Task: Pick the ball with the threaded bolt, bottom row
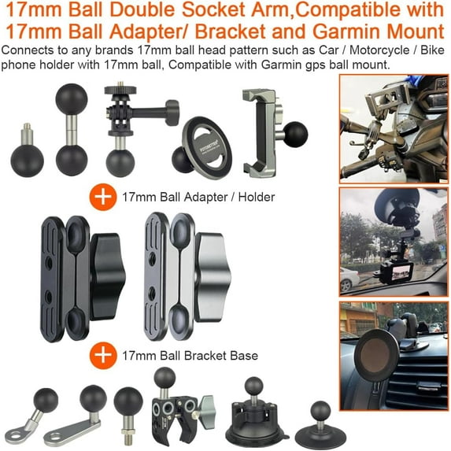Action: coord(128,406)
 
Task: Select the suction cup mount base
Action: coord(253,417)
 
